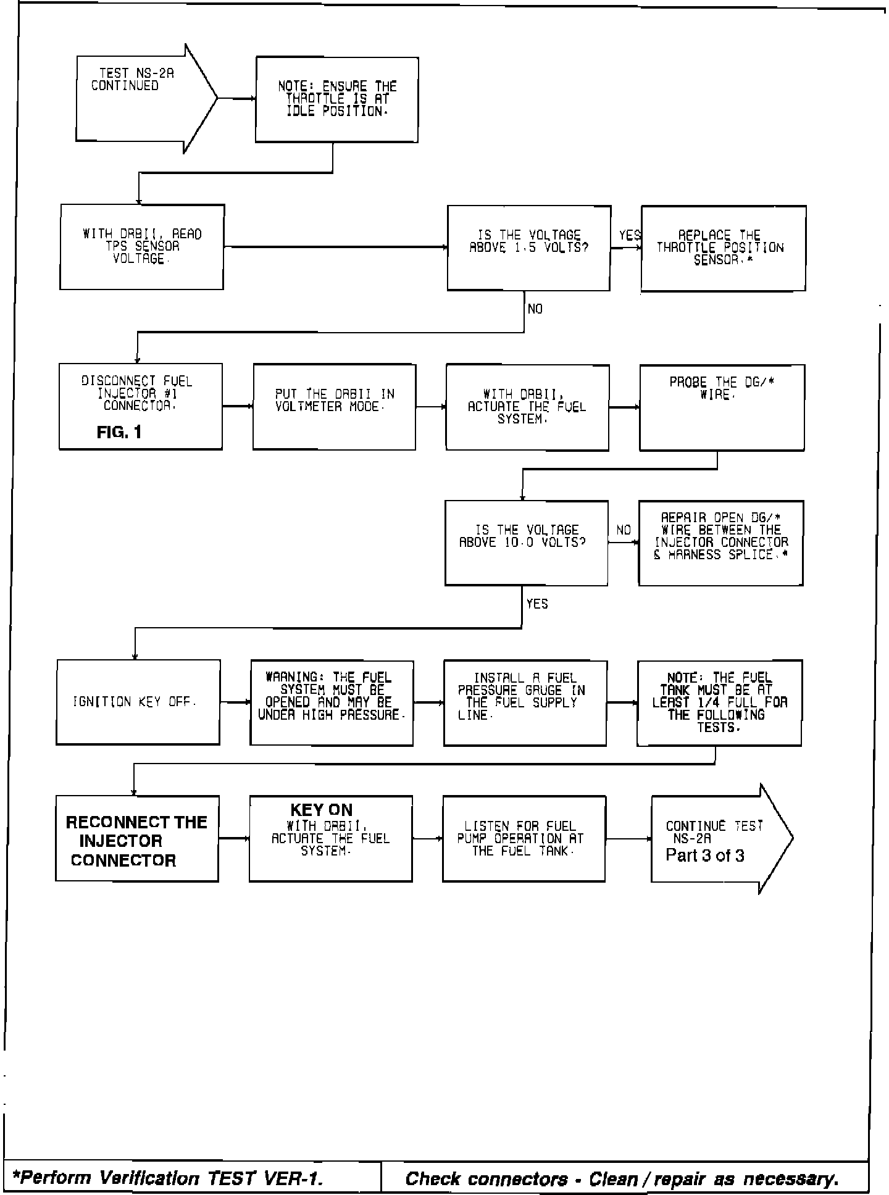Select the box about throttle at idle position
[x=337, y=99]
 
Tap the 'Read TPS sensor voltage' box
[x=142, y=247]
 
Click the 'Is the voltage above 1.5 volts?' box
[x=529, y=248]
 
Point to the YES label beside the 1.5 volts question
[x=629, y=235]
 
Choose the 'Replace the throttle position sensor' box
[x=723, y=248]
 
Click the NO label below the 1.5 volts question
[x=535, y=309]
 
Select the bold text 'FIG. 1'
[x=119, y=432]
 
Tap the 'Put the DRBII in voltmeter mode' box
[x=334, y=407]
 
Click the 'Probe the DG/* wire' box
[x=722, y=407]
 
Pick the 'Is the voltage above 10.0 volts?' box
[x=527, y=543]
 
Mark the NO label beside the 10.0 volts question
[x=624, y=530]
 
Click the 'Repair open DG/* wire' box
[x=720, y=543]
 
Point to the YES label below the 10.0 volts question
[x=536, y=604]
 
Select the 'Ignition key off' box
[x=138, y=702]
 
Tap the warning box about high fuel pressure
[x=332, y=702]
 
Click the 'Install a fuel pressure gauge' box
[x=525, y=702]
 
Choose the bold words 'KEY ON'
[x=321, y=810]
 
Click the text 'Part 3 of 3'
[x=704, y=856]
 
